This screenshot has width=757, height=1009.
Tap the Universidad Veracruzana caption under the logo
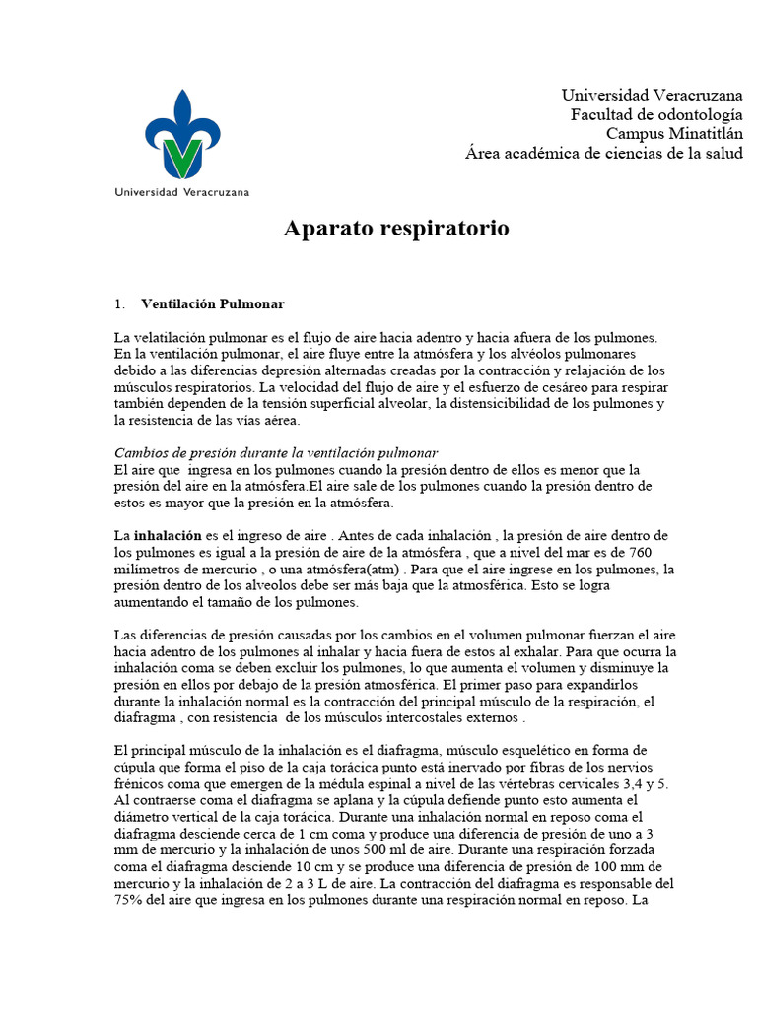point(182,191)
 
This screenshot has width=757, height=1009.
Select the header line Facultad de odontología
point(657,114)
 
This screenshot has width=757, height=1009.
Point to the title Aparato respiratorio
point(396,229)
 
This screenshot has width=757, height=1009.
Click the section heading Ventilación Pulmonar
point(213,303)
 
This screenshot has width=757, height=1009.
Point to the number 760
point(638,552)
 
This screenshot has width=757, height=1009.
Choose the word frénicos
point(140,783)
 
